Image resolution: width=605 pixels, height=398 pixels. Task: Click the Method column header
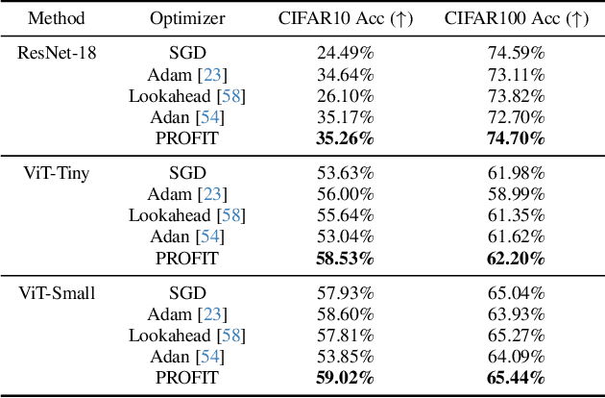tap(56, 18)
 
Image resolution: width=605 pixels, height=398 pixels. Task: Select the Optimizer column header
tap(186, 18)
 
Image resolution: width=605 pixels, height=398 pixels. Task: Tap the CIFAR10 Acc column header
tap(345, 18)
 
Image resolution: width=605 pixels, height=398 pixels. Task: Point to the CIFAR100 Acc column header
tap(516, 18)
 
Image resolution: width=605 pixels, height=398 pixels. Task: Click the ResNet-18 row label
tap(56, 53)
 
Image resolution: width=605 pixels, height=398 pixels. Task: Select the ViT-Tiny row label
tap(56, 173)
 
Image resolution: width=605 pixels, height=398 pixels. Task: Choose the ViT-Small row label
tap(56, 293)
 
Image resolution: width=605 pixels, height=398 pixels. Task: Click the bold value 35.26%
tap(345, 138)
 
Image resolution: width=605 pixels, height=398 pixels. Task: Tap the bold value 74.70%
tap(516, 138)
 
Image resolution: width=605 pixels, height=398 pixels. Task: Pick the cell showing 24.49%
tap(345, 53)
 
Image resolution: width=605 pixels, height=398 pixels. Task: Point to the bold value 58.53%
tap(345, 259)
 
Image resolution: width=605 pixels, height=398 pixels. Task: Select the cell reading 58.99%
tap(516, 194)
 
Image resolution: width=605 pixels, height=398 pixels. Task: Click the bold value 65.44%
tap(516, 378)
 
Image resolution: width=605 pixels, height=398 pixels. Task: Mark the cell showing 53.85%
tap(345, 357)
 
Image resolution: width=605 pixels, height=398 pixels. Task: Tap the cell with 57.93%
tap(345, 293)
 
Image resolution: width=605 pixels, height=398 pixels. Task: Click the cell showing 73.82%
tap(516, 95)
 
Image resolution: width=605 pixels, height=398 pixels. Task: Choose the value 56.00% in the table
tap(345, 194)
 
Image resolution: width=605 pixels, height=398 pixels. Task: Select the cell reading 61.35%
tap(516, 215)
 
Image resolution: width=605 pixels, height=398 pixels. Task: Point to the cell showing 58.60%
tap(345, 314)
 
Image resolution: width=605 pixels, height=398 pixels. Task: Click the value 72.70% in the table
tap(516, 117)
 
